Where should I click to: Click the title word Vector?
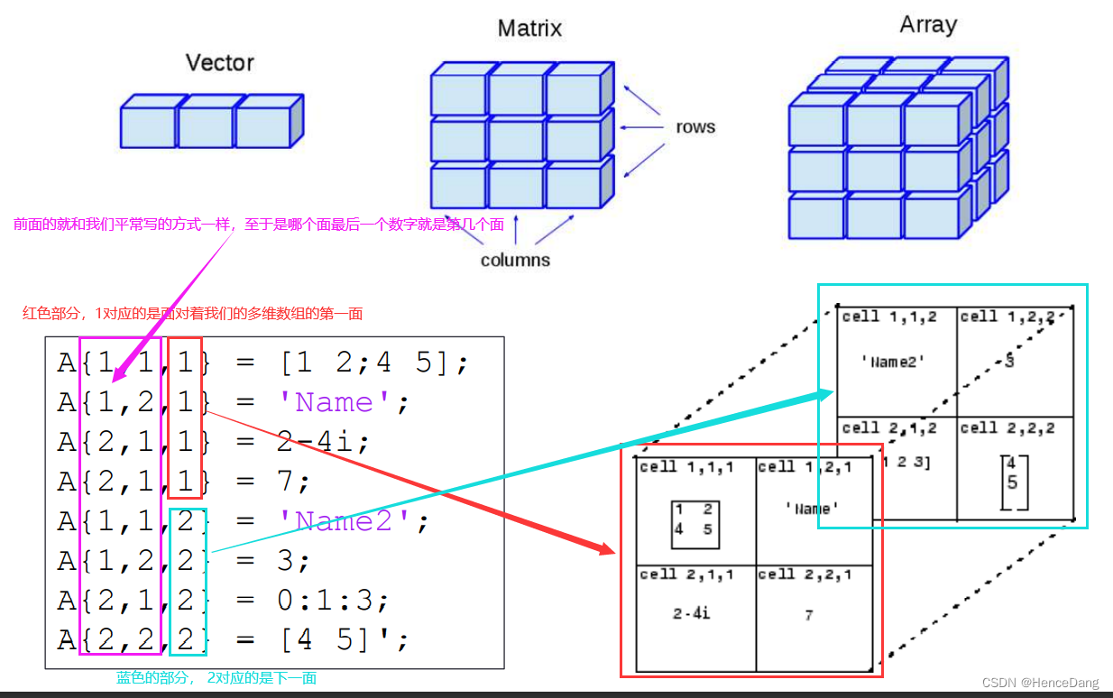[219, 63]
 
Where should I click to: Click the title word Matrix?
[529, 29]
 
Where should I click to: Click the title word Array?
[927, 24]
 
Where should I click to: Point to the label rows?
[695, 127]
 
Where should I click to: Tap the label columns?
[515, 260]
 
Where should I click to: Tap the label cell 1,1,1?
[686, 467]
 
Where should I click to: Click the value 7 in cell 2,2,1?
[809, 615]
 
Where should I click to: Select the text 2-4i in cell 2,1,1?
[692, 613]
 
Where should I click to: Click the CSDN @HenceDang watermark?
[1040, 683]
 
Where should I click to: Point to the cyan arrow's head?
[826, 393]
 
